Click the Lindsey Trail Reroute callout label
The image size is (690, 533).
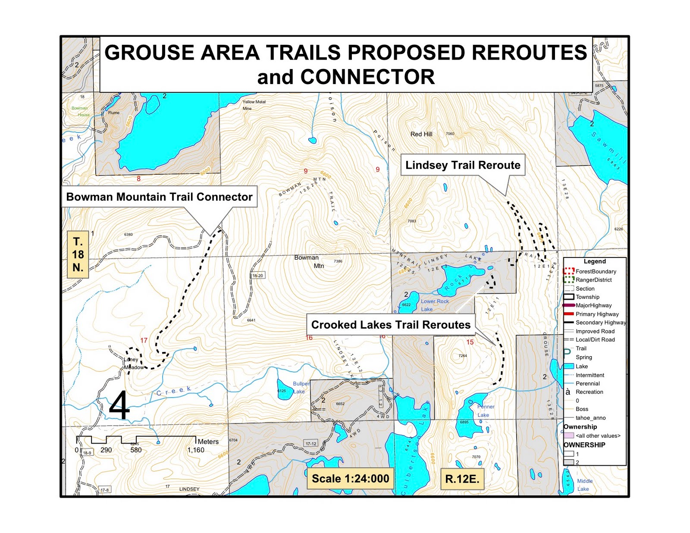(463, 165)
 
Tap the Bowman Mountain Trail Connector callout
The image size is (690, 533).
(159, 197)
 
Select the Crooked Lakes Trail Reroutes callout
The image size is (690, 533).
(391, 325)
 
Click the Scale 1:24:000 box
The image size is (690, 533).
(350, 478)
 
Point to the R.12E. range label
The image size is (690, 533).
(462, 479)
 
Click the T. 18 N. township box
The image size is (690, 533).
(78, 254)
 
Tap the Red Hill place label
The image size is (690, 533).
(421, 134)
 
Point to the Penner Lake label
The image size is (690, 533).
(485, 411)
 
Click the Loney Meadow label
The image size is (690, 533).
(134, 364)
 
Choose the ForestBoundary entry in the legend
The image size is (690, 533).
(596, 271)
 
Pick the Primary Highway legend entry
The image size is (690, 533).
(597, 314)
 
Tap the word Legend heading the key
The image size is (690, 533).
(594, 261)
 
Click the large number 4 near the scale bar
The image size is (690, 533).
(119, 405)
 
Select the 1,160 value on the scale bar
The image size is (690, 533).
(196, 450)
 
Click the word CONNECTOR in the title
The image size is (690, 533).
(367, 77)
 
